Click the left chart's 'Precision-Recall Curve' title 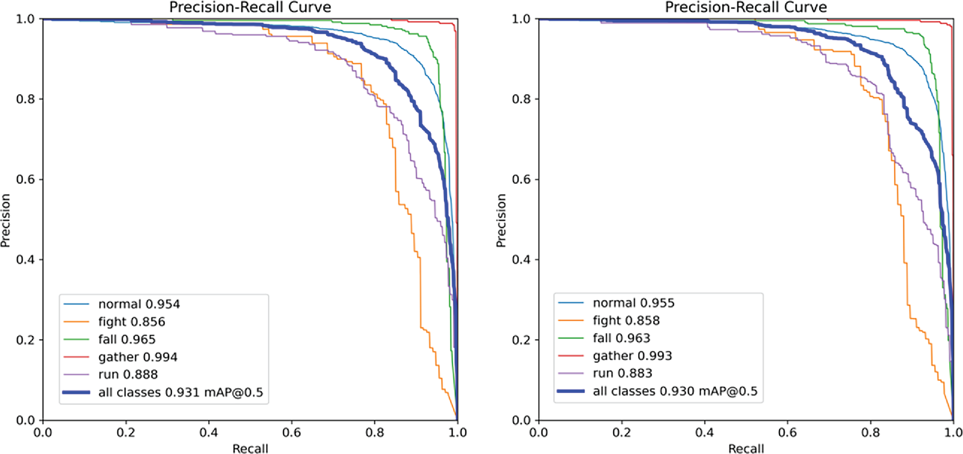click(x=250, y=7)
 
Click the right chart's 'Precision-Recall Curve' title click(x=746, y=7)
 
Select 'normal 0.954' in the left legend click(x=139, y=304)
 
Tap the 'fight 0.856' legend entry click(x=131, y=322)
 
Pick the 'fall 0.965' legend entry click(x=127, y=339)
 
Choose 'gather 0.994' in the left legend click(x=138, y=357)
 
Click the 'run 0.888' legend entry click(x=128, y=374)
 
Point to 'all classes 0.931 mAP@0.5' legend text click(x=180, y=392)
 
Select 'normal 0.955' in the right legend click(x=634, y=303)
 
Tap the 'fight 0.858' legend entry click(x=626, y=320)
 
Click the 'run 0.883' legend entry click(x=622, y=373)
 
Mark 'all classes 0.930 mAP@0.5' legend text click(x=675, y=391)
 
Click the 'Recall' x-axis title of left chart click(x=250, y=448)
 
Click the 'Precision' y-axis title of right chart click(x=501, y=220)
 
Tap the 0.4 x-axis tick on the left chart click(x=208, y=433)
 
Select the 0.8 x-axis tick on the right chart click(x=870, y=433)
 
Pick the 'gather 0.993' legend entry click(x=632, y=355)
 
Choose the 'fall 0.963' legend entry click(x=621, y=338)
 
